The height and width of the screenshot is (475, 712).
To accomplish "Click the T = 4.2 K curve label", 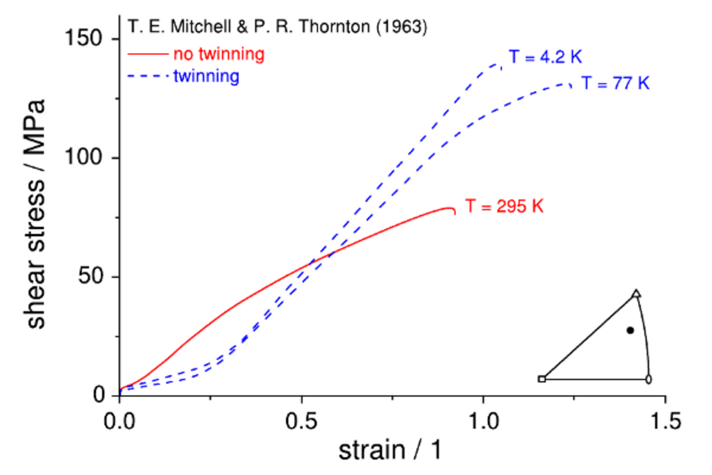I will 545,57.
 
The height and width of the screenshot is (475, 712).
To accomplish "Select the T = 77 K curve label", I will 616,83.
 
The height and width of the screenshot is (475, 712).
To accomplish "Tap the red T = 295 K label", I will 504,206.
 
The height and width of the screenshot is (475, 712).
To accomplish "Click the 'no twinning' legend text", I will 218,55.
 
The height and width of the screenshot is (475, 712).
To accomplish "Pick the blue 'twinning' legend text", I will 206,76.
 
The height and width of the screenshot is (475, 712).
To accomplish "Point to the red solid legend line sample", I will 147,55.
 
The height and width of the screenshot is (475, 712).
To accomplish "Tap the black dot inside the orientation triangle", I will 630,330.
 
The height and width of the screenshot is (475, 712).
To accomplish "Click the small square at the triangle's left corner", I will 542,379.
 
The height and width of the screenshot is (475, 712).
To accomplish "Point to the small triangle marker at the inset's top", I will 637,293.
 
